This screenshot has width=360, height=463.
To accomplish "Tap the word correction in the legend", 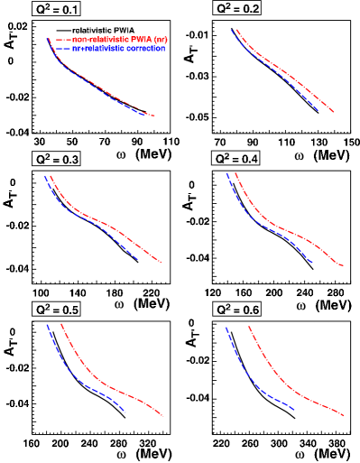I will click(x=146, y=49).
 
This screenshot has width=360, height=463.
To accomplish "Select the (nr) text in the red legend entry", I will click(x=161, y=40).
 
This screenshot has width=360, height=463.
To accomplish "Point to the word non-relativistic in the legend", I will click(x=99, y=40).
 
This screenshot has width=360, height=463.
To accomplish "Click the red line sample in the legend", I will click(x=62, y=40).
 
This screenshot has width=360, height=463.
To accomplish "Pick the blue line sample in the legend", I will click(x=62, y=49).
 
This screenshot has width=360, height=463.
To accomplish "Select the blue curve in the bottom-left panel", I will click(x=81, y=379).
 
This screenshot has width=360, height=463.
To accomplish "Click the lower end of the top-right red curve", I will click(x=333, y=112).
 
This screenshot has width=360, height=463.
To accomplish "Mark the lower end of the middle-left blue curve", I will click(x=138, y=259).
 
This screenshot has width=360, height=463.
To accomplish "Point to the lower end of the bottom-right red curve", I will click(x=344, y=416).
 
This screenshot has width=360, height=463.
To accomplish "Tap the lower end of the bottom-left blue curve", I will click(x=125, y=412).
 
